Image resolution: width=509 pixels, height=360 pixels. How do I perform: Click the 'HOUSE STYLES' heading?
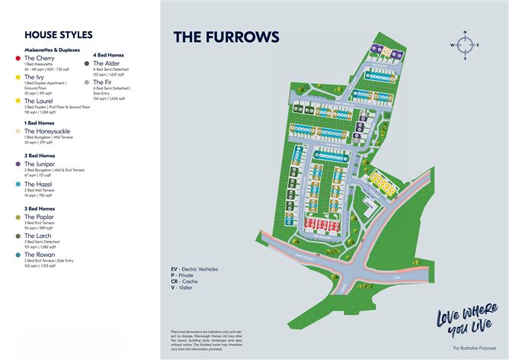(59, 35)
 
